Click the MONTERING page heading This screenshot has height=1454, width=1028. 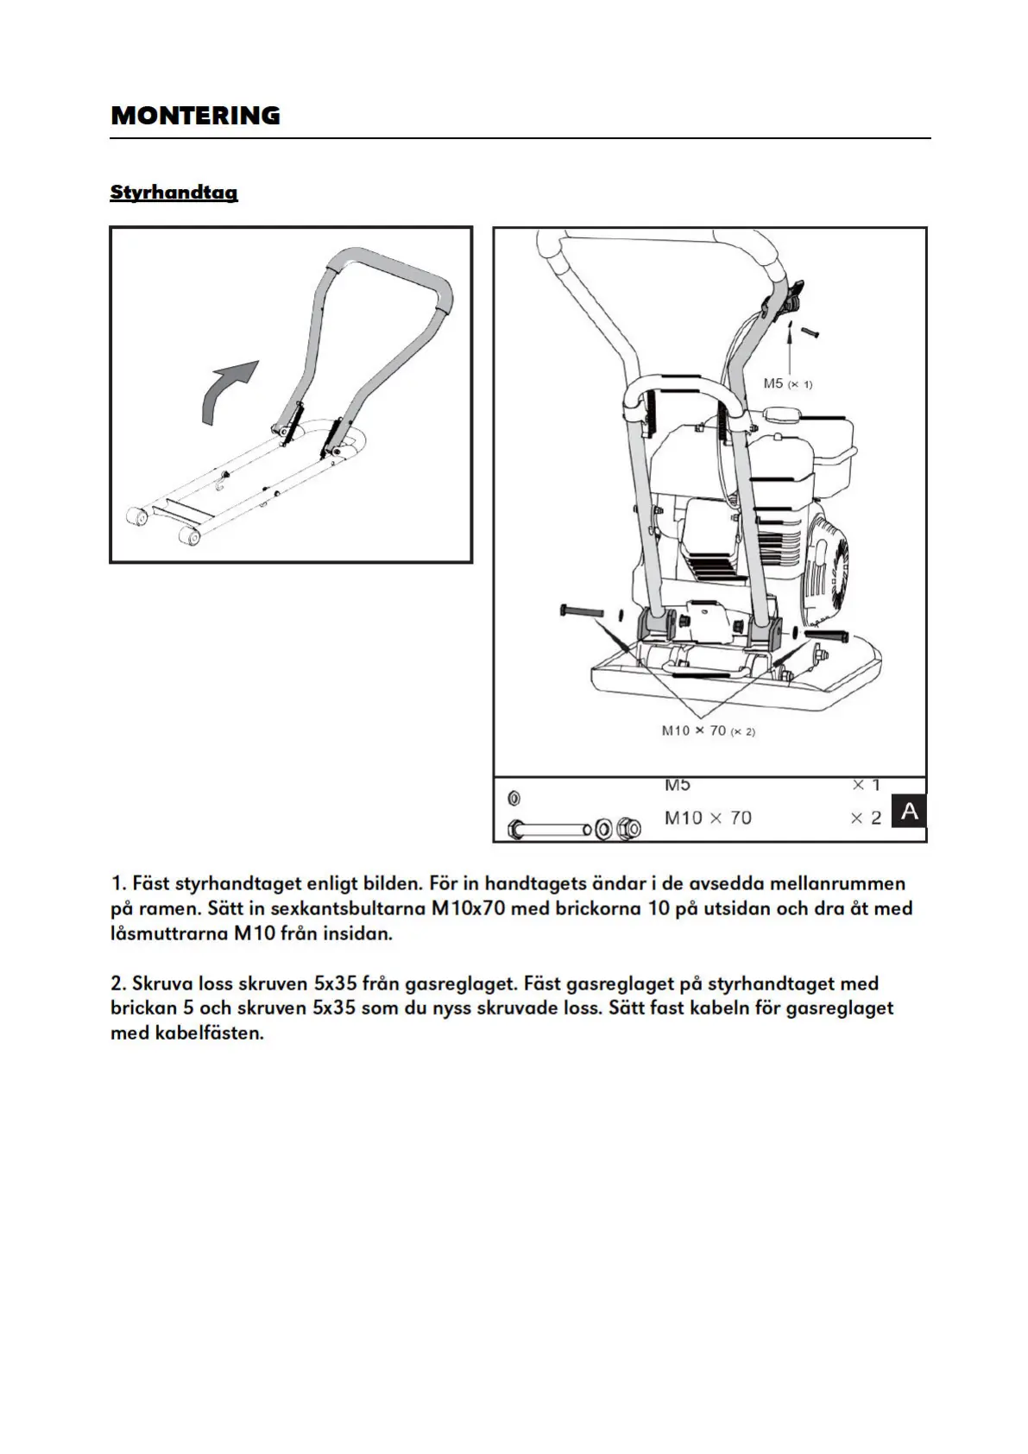195,116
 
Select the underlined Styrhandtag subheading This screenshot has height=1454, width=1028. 173,192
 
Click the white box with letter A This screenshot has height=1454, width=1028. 908,812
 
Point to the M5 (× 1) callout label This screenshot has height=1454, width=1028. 787,383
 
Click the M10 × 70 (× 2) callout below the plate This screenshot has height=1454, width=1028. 708,731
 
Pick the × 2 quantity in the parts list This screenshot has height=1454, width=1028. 866,818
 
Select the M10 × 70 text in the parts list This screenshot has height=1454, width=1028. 708,818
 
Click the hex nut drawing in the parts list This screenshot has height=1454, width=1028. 629,830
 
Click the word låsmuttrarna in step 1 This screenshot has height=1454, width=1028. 163,933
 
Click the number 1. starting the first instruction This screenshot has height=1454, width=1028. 119,883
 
